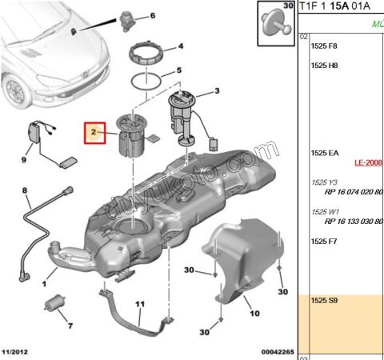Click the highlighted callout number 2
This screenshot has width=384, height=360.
point(93,131)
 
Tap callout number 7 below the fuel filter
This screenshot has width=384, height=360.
point(69,326)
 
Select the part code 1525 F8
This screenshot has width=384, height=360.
point(324,46)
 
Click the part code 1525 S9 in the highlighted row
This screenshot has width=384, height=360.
point(324,300)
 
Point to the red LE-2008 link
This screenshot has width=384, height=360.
point(368,162)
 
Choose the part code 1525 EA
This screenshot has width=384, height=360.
point(324,152)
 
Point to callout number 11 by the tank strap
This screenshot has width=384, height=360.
point(139,305)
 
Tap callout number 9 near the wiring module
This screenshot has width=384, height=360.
point(24,159)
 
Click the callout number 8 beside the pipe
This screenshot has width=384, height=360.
point(25,190)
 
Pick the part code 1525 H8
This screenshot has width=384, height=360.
point(324,66)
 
